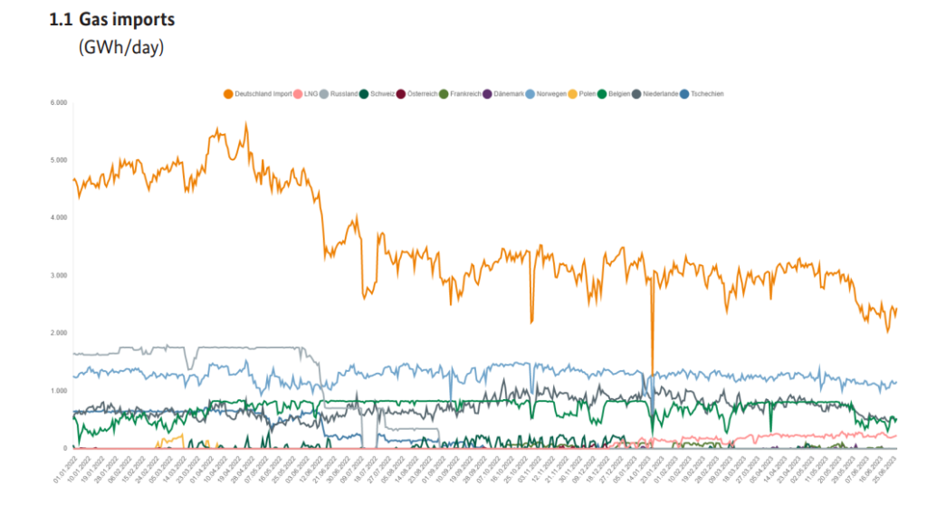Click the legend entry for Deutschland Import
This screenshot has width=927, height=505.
pos(263,93)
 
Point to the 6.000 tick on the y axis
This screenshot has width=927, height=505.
pos(58,102)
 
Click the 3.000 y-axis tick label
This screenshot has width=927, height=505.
pos(58,275)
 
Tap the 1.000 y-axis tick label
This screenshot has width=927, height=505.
pos(58,390)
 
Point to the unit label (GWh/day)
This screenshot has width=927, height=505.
pos(121,47)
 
